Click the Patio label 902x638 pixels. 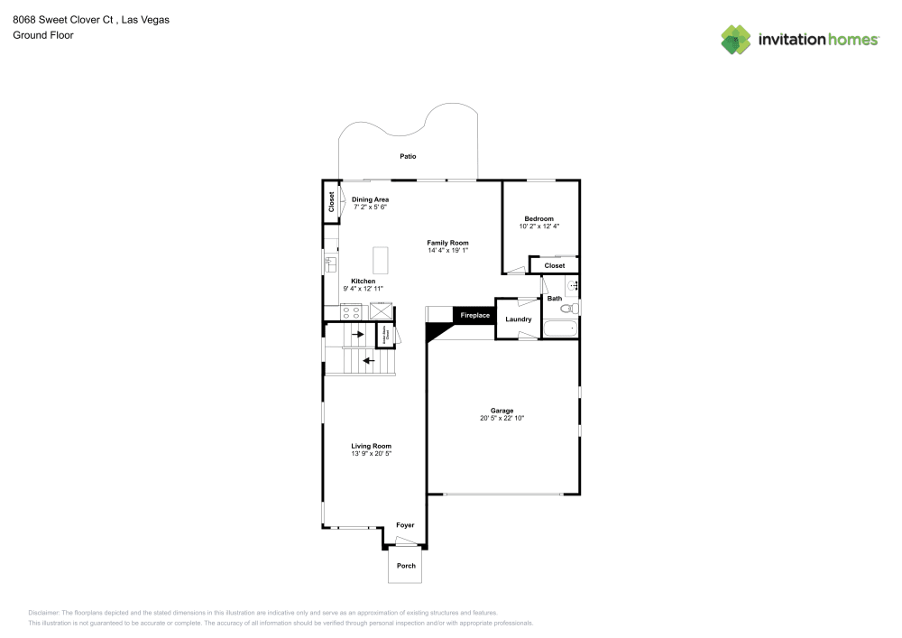409,156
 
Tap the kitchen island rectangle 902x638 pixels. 380,260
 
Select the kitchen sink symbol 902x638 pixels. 329,264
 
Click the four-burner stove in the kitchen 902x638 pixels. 351,312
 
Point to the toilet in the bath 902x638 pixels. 569,309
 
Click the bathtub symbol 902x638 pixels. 560,329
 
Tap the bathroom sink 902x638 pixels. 572,286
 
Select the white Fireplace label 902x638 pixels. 474,316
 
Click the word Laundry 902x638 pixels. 518,319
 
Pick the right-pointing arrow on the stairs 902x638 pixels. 358,335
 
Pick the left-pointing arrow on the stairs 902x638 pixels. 368,362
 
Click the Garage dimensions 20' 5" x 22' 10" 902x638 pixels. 502,418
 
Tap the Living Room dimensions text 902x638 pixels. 371,453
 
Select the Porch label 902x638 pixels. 407,566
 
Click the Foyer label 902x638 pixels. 406,525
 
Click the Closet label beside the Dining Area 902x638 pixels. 331,202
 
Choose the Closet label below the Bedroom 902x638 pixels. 555,265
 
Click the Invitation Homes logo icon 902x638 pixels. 736,39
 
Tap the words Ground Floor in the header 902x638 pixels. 43,35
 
